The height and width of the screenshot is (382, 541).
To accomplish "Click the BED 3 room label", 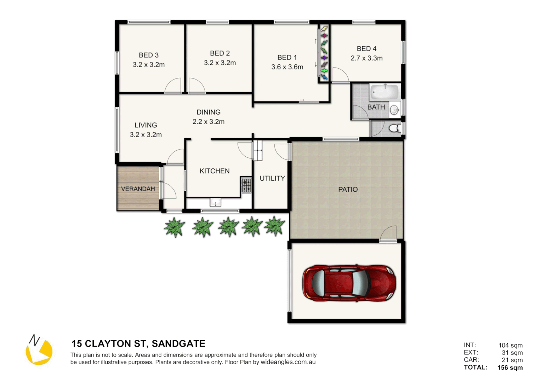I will point(148,55).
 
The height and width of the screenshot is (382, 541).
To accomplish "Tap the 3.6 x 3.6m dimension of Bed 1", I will point(287,67).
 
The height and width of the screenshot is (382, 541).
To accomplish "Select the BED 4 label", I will point(366,49).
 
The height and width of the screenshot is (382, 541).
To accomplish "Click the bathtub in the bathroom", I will point(384,92).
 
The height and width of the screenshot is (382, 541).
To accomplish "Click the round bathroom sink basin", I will point(394,110).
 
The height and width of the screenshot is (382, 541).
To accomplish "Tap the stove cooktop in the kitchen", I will point(246,185).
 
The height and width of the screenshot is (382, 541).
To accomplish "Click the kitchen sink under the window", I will point(216,203).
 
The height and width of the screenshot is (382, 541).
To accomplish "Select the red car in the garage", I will point(348,283).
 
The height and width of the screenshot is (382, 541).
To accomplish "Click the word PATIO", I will point(348,190).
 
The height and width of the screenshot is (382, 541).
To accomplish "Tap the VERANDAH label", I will point(138,189).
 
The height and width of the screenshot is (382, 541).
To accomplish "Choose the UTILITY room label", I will point(272,178).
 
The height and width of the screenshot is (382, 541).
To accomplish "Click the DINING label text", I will point(209,112).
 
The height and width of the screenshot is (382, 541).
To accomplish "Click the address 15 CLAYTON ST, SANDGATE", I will point(138,343).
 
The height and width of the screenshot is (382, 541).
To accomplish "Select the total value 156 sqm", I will point(510,367).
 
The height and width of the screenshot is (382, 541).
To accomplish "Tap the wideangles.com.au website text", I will point(288,362).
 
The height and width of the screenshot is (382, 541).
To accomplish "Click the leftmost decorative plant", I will point(175,227).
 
